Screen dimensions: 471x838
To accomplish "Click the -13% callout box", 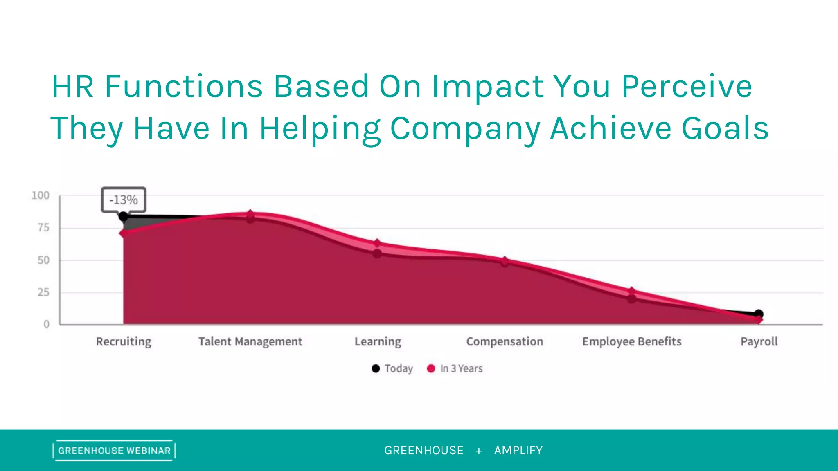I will (123, 200).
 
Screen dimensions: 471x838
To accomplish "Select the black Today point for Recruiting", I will (123, 217).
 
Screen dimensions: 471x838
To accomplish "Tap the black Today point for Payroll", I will (758, 314).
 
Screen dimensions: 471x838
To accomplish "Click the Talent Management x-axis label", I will (250, 341).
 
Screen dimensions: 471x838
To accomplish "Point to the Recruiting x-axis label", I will (124, 341).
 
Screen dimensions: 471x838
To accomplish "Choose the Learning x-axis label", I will (378, 341).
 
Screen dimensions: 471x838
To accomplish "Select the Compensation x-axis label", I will (505, 341).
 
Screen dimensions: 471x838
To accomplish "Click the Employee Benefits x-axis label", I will (632, 341).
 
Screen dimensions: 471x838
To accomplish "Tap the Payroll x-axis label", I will (759, 341).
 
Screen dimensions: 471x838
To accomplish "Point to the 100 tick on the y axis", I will (41, 195).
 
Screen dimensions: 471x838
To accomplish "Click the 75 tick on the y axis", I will (43, 228).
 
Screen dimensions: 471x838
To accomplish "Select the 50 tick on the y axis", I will (43, 260).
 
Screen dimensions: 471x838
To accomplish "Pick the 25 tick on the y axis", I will (43, 292).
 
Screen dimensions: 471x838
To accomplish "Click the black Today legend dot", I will (376, 368).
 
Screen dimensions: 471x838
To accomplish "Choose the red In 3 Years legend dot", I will (431, 368).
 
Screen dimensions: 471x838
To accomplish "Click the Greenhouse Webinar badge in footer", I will (114, 451).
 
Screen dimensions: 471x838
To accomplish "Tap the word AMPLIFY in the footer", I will (518, 451).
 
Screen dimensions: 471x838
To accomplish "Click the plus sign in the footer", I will (479, 451).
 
